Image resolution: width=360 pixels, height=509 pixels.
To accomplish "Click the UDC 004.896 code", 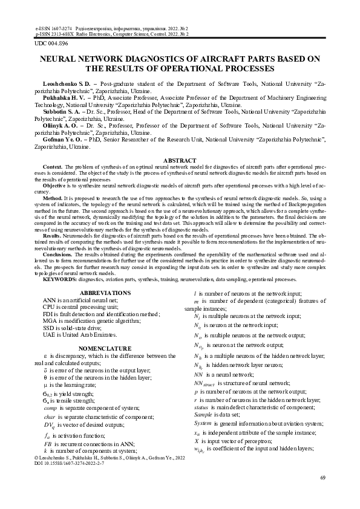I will point(51,44).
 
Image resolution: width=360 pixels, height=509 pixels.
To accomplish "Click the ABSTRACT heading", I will point(180,160).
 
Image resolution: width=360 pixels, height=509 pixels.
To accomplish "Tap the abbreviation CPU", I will point(49,307).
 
